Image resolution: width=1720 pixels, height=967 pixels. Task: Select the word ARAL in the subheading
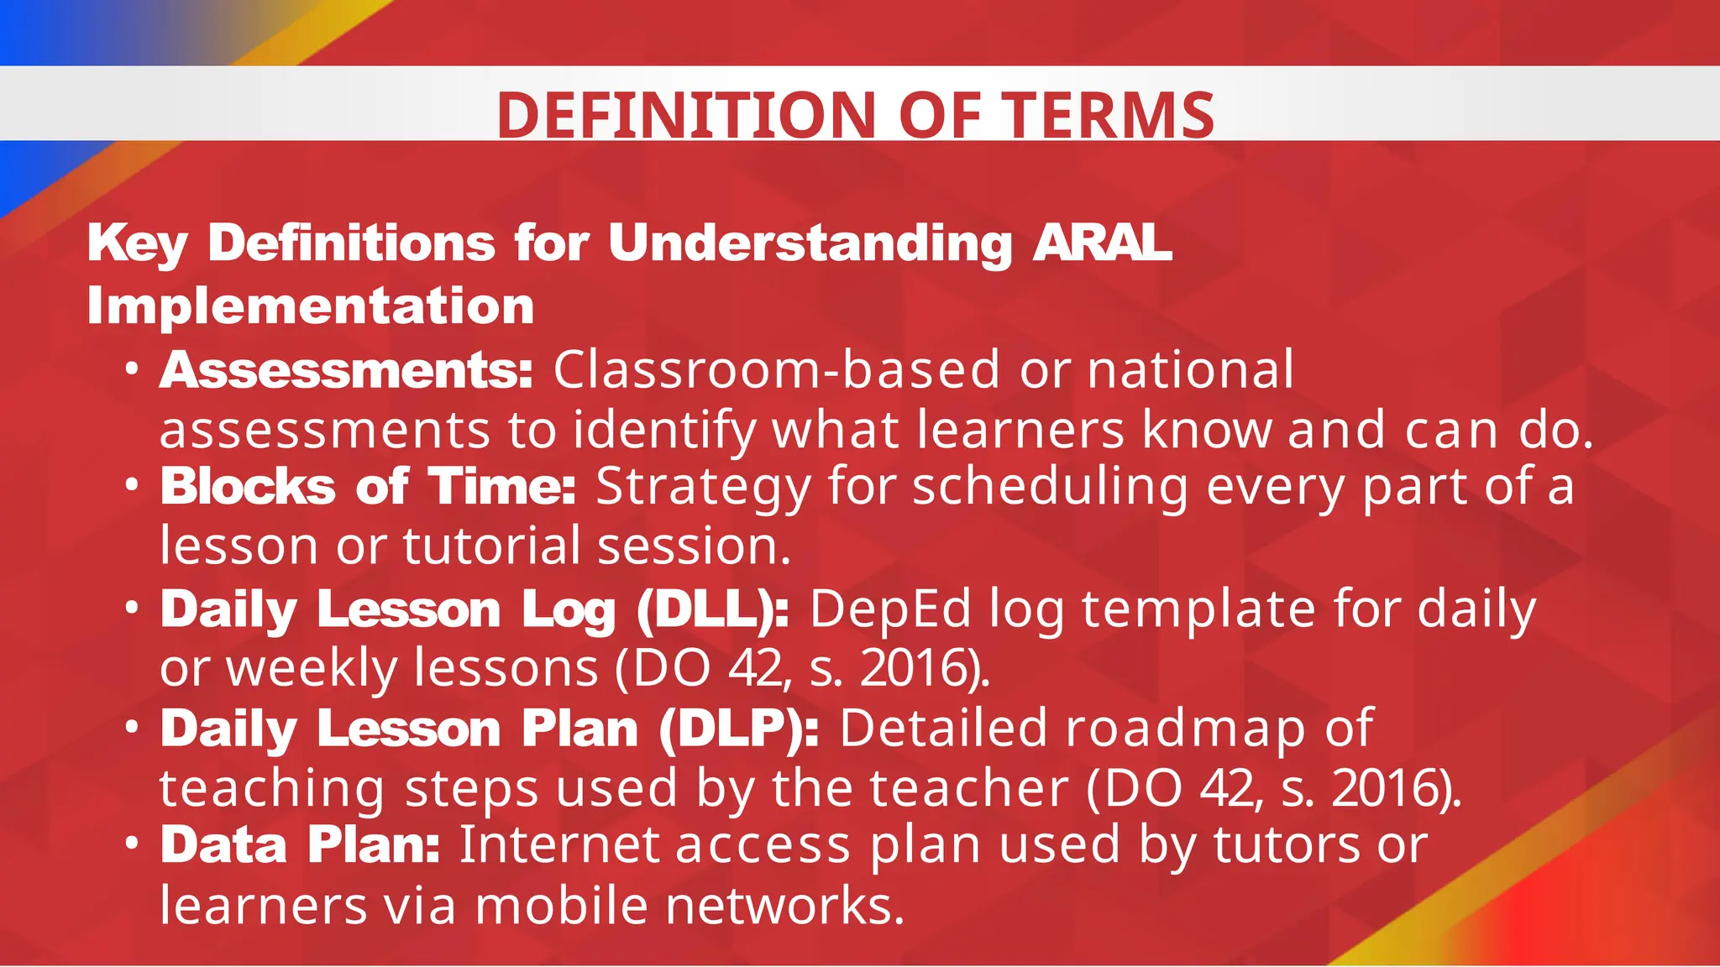click(1102, 243)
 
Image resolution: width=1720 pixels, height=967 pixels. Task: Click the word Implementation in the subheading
click(311, 306)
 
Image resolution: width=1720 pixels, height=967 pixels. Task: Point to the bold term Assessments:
click(346, 370)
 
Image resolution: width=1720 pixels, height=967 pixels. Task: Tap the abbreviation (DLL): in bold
click(712, 609)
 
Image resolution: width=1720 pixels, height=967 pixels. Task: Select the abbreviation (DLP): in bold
click(738, 728)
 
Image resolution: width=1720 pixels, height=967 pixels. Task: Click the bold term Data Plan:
click(300, 844)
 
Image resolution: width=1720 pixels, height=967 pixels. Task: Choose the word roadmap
click(1185, 728)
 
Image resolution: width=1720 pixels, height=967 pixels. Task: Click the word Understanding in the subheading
click(810, 243)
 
